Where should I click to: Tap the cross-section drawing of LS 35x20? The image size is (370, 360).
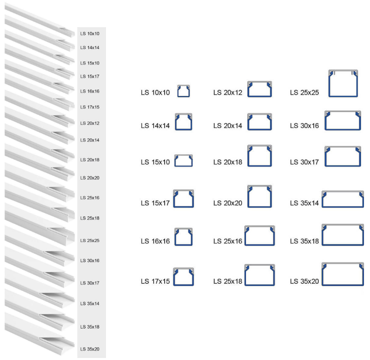(342, 274)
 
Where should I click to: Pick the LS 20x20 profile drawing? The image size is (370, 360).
(259, 196)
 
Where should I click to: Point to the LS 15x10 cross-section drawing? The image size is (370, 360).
(183, 160)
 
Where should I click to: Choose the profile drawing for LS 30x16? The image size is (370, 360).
(342, 121)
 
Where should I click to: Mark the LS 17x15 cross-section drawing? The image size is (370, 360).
(183, 277)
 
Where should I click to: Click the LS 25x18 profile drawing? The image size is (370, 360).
(259, 275)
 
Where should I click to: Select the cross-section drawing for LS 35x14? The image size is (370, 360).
(342, 199)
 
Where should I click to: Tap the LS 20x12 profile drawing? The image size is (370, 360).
(259, 89)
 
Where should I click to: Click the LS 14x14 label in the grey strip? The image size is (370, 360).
(90, 47)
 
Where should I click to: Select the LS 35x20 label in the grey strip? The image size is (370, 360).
(90, 349)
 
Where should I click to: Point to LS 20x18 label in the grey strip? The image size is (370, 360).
(90, 159)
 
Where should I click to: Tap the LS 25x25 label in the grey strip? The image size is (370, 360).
(90, 240)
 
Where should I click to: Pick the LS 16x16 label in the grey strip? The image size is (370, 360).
(90, 91)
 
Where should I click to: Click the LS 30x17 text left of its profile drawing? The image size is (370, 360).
(304, 162)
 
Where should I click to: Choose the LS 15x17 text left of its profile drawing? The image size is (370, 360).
(155, 203)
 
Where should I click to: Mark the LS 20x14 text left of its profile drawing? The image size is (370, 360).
(227, 126)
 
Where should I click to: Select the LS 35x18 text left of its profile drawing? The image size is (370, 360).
(304, 241)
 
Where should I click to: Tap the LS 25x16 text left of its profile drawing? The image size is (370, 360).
(227, 241)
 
